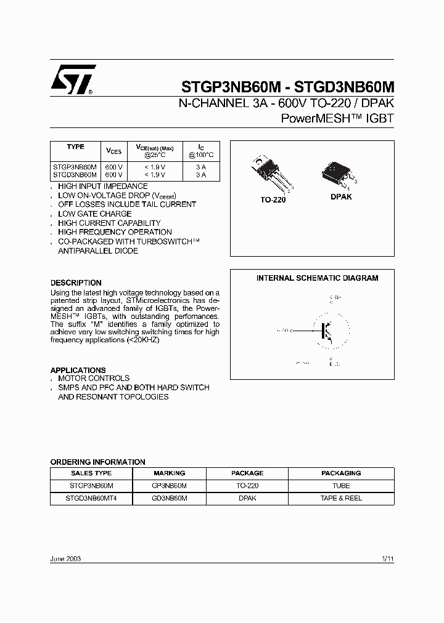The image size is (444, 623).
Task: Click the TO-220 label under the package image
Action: [x=273, y=199]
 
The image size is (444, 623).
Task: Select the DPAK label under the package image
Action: [x=340, y=197]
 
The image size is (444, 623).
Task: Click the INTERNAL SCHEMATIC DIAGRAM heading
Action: [x=317, y=278]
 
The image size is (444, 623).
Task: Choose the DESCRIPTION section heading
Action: [x=76, y=283]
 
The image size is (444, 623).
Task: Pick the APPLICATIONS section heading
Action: [x=78, y=370]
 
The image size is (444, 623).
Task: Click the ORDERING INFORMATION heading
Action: [x=97, y=462]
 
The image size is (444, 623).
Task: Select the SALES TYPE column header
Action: [x=91, y=473]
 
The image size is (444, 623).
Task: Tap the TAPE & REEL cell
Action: [x=341, y=498]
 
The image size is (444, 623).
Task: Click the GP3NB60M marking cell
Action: [x=169, y=486]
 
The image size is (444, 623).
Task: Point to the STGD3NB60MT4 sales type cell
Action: [x=91, y=498]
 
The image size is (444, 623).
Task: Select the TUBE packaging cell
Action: [x=341, y=486]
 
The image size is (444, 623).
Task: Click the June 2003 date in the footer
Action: [x=65, y=558]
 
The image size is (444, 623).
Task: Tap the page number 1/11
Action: [x=387, y=558]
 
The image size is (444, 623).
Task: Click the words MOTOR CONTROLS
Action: [x=94, y=379]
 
